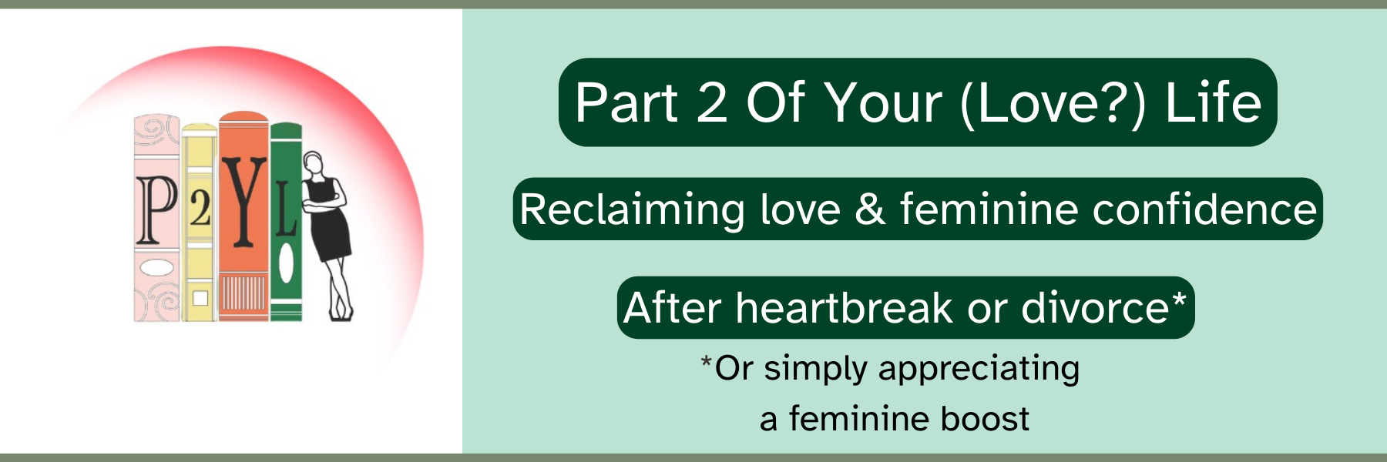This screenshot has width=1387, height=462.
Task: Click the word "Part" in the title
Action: (626, 102)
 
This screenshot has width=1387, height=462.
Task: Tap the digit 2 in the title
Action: (712, 102)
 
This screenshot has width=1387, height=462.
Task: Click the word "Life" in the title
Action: (1213, 102)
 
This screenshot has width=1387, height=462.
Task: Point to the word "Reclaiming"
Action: (631, 210)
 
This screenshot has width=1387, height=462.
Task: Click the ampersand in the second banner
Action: (870, 209)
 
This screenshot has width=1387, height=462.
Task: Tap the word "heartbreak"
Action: (845, 308)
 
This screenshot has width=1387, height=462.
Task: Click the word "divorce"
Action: (1095, 308)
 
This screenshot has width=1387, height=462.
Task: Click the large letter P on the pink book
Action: (156, 209)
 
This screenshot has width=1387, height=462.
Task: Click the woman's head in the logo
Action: (313, 163)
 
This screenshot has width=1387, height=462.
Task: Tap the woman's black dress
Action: (327, 223)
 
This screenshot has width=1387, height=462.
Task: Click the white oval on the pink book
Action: (157, 268)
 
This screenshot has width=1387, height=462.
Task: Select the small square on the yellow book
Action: (200, 298)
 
